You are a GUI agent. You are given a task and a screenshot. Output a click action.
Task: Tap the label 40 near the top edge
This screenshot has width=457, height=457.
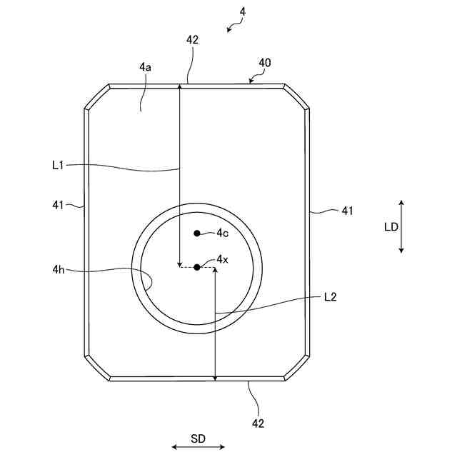click(x=264, y=63)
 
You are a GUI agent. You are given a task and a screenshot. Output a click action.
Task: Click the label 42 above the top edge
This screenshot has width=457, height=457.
click(x=192, y=41)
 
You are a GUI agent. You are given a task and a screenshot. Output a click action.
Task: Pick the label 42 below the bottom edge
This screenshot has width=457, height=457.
click(x=258, y=423)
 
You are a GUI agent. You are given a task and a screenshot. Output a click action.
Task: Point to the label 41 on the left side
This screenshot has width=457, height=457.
click(x=59, y=205)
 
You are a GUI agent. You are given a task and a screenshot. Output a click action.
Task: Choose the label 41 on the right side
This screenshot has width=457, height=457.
click(x=348, y=211)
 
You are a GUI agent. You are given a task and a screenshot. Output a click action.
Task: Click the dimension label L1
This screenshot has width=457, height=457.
click(x=59, y=165)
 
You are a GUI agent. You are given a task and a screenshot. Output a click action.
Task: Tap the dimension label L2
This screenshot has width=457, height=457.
click(x=330, y=296)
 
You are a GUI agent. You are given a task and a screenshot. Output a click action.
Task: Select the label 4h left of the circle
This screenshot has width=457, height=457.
click(x=59, y=269)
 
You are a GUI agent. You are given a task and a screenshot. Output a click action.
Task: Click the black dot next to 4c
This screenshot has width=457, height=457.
click(x=197, y=233)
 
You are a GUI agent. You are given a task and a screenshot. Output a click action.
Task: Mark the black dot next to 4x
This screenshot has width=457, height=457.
click(x=197, y=267)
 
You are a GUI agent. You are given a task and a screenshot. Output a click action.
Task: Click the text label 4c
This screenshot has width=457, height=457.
click(x=222, y=233)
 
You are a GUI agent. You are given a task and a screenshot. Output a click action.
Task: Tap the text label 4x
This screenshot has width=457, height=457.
click(x=222, y=259)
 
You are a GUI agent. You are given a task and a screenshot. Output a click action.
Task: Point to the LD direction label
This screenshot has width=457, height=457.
click(x=391, y=227)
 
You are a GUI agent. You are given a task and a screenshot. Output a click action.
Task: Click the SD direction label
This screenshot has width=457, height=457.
click(x=198, y=438)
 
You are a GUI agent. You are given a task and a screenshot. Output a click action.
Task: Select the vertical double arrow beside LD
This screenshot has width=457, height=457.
click(x=402, y=226)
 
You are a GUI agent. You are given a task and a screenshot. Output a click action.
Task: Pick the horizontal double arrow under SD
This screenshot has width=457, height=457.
click(x=198, y=448)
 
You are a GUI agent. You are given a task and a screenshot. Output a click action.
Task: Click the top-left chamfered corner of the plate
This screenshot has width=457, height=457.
click(x=97, y=97)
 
